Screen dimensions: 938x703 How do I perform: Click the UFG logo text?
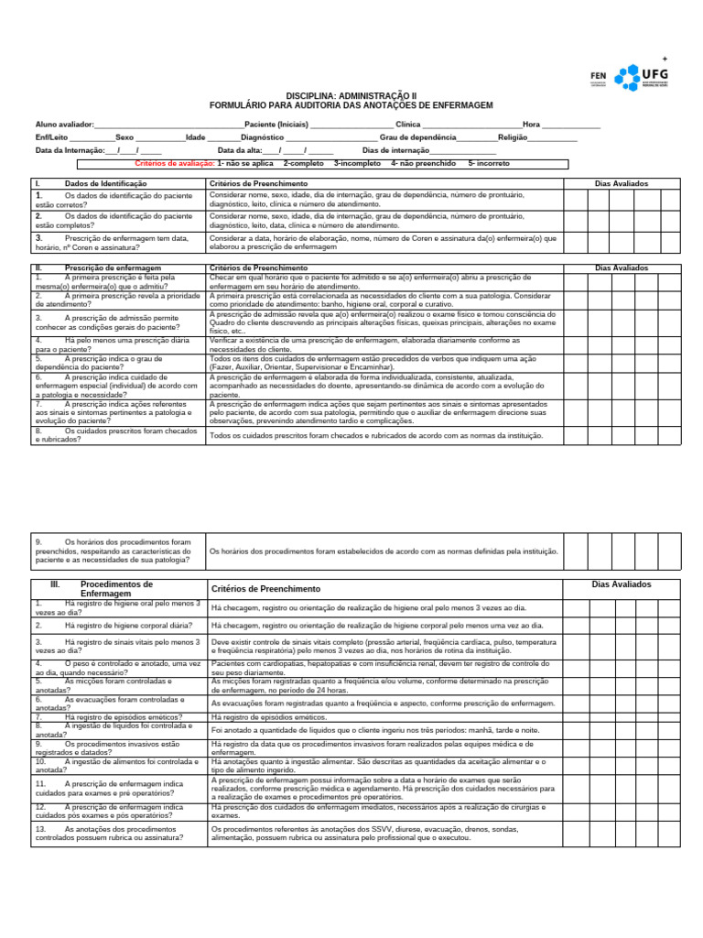pyautogui.click(x=656, y=73)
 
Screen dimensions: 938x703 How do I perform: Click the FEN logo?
pyautogui.click(x=599, y=77)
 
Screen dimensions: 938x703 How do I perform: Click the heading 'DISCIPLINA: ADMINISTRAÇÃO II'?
pyautogui.click(x=351, y=95)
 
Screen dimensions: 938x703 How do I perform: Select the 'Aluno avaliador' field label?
pyautogui.click(x=64, y=124)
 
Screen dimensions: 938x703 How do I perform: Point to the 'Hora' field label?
pyautogui.click(x=531, y=124)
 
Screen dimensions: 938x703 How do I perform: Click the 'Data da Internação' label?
pyautogui.click(x=70, y=150)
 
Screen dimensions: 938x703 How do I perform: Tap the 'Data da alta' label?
pyautogui.click(x=240, y=150)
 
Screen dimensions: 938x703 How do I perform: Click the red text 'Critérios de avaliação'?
pyautogui.click(x=174, y=163)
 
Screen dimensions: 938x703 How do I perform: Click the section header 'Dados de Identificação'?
pyautogui.click(x=106, y=183)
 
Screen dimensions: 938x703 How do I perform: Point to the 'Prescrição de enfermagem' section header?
pyautogui.click(x=113, y=267)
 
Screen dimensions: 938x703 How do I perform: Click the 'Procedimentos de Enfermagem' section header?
pyautogui.click(x=117, y=588)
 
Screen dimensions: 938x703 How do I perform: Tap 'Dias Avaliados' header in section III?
pyautogui.click(x=621, y=584)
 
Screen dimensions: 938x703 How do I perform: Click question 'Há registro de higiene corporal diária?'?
pyautogui.click(x=128, y=625)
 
